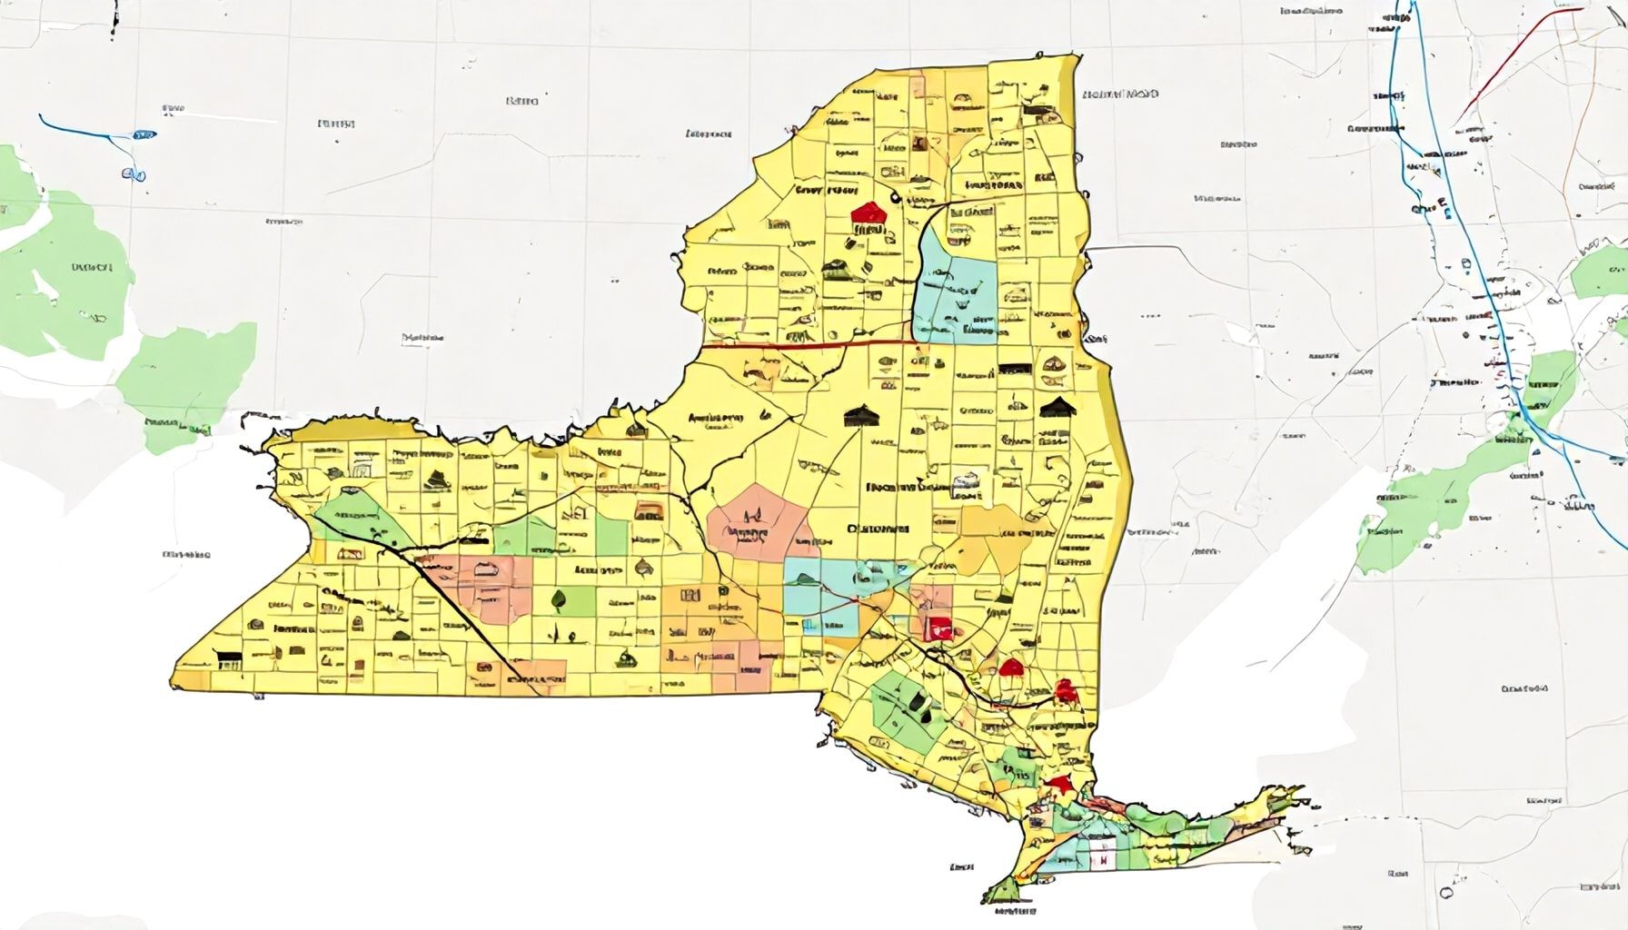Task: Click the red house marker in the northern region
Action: point(869,213)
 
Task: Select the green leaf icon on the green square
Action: point(558,599)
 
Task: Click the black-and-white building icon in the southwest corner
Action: point(228,659)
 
